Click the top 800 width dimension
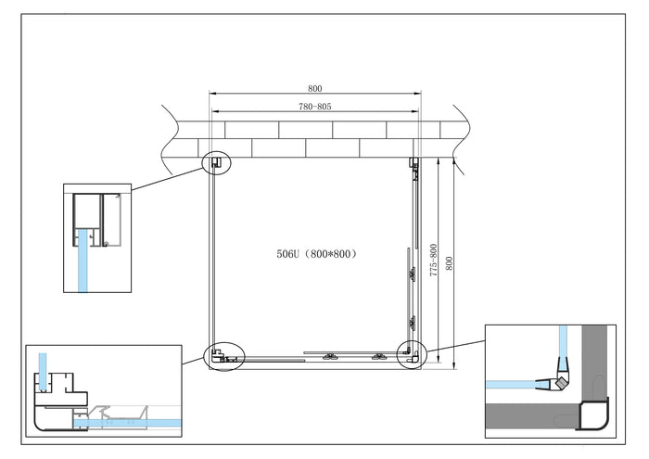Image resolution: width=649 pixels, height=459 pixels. [315, 89]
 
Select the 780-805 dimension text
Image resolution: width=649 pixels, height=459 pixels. [315, 108]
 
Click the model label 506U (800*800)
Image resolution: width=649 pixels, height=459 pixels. [315, 253]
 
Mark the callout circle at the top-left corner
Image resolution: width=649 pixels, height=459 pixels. [217, 163]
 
